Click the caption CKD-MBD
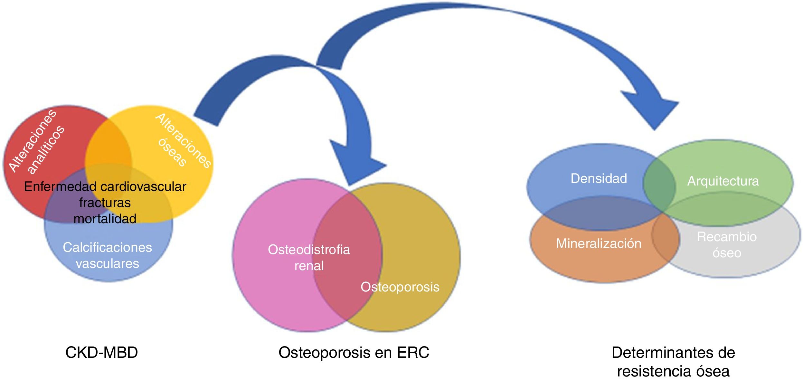[101, 353]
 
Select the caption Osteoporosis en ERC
[354, 353]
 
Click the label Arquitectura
[723, 181]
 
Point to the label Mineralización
[599, 244]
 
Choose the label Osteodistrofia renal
[309, 258]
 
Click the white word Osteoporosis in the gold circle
[400, 287]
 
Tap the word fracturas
[105, 203]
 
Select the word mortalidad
[105, 219]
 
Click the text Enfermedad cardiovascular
[105, 187]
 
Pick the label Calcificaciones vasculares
[107, 255]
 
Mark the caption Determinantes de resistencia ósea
[673, 362]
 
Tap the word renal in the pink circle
[309, 266]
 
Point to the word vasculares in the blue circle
[107, 264]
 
